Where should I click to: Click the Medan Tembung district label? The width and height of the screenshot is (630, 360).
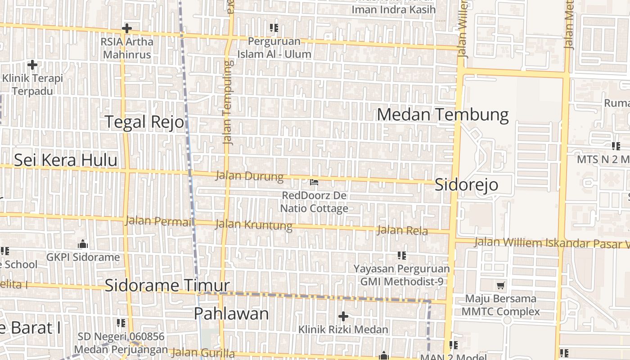coord(443,114)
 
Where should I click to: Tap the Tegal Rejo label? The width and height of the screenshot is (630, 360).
coord(144,122)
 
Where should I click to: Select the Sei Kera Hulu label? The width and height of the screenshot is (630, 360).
coord(66,160)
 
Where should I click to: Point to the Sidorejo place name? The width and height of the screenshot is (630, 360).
coord(466,184)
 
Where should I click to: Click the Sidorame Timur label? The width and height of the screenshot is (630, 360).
coord(167,285)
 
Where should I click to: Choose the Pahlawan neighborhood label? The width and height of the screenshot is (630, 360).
coord(231,314)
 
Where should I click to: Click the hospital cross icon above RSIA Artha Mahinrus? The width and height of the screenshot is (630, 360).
coord(127,28)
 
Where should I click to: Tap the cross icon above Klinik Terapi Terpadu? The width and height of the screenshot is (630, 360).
coord(32,65)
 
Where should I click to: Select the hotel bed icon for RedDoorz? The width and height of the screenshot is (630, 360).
coord(314,182)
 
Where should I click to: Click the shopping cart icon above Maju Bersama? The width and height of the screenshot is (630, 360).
coord(500,285)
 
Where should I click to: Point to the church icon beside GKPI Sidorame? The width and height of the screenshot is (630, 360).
coord(83,244)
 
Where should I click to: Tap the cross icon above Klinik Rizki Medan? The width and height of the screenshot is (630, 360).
coord(343,316)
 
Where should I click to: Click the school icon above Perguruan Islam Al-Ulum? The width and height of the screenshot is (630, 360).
coord(274,28)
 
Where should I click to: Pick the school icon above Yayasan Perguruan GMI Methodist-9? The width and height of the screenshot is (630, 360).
coord(402,256)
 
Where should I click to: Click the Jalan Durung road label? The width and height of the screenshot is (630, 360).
coord(249,176)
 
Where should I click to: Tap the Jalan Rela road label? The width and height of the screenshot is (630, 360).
coord(402,230)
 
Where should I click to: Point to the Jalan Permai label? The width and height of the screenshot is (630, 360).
coord(158,221)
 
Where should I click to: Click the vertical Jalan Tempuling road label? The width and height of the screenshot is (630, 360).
coord(229,102)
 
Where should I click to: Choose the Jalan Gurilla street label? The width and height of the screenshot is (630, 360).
coord(203,353)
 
